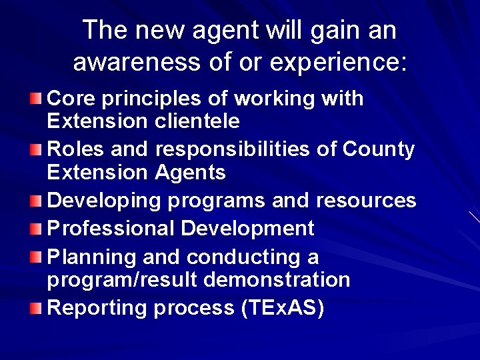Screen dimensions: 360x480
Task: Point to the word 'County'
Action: [378, 149]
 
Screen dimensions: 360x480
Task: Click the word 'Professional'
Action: [111, 229]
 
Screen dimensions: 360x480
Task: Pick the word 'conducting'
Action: [243, 257]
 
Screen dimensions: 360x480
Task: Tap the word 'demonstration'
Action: [277, 280]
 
